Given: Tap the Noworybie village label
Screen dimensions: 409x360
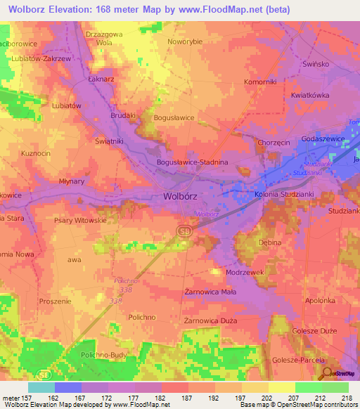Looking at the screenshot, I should click(x=185, y=41).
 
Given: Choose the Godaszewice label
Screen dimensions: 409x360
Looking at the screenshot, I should click(x=323, y=140).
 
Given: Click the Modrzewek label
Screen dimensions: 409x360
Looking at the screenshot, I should click(x=245, y=271).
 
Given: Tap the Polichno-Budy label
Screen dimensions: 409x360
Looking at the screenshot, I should click(x=103, y=356).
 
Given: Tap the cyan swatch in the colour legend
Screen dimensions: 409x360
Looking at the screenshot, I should click(x=41, y=387).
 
